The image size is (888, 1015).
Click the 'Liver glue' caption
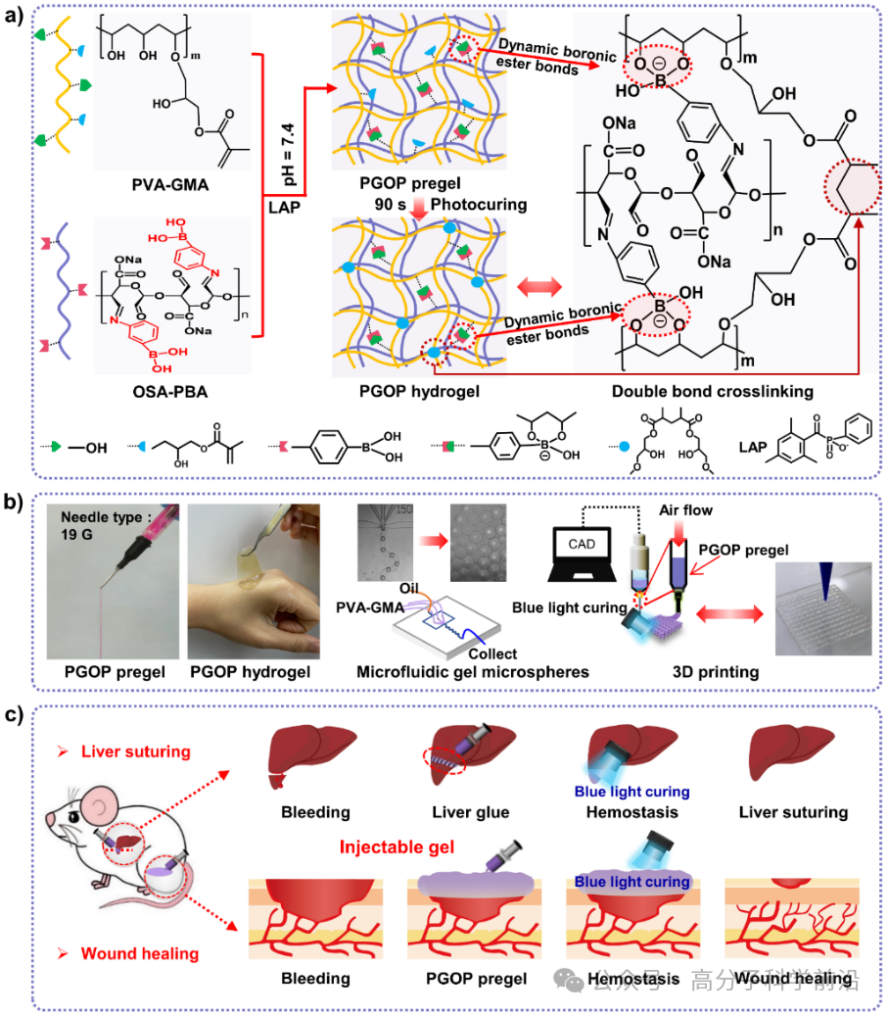tap(470, 812)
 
